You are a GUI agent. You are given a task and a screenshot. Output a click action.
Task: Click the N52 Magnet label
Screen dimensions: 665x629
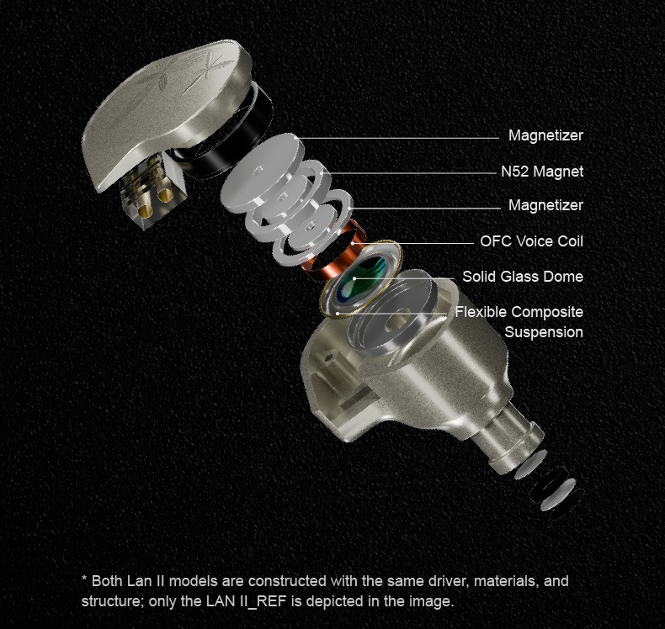point(542,172)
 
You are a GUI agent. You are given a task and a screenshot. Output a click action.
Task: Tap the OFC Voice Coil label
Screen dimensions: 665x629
point(531,241)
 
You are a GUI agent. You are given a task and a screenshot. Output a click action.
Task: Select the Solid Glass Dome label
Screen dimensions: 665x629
point(523,277)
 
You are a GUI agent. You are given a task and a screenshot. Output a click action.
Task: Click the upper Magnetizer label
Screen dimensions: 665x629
point(545,135)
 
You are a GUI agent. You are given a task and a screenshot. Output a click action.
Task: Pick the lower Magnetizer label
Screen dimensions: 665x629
point(545,205)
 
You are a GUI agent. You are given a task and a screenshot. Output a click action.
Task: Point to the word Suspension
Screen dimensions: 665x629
point(544,332)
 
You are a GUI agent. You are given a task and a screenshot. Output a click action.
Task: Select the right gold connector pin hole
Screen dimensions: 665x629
point(164,195)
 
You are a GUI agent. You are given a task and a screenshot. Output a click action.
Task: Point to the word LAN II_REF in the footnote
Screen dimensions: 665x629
point(246,601)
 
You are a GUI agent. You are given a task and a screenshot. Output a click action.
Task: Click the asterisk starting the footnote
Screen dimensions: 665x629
point(84,579)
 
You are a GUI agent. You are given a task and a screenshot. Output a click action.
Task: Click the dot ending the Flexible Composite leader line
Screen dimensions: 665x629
point(338,314)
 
